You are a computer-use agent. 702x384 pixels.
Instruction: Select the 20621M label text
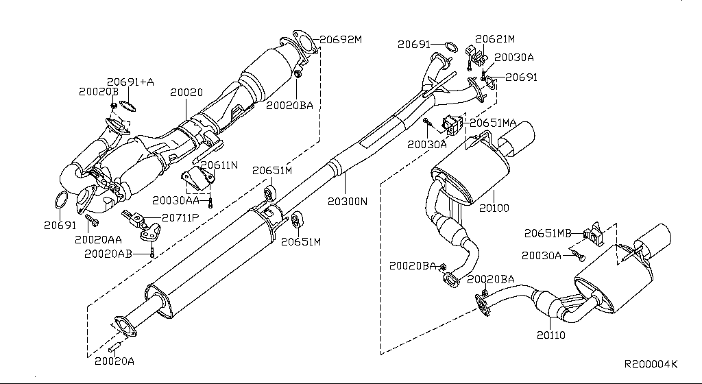[x=495, y=40]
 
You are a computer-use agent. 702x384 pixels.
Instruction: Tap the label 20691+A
[x=130, y=82]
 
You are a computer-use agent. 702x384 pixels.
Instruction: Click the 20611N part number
[x=219, y=166]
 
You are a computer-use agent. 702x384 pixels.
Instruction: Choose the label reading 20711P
[x=180, y=218]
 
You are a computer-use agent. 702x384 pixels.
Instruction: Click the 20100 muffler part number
[x=494, y=207]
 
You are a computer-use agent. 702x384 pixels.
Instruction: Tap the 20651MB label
[x=548, y=233]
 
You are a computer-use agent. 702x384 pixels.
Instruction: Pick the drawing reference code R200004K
[x=651, y=364]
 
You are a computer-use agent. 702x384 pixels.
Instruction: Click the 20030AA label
[x=175, y=200]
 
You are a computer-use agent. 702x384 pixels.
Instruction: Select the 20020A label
[x=114, y=360]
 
